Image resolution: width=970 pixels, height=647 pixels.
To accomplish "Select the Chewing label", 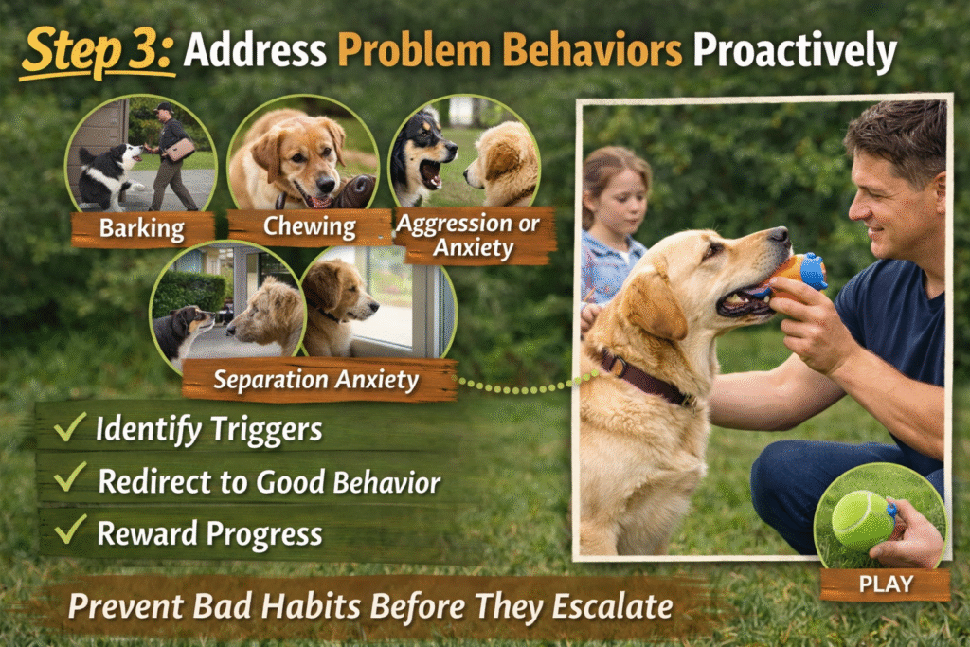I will coord(309,227).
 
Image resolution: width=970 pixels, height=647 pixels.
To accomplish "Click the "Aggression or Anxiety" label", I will coord(468,236).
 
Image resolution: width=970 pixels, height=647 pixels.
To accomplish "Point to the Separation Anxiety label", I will coord(315,380).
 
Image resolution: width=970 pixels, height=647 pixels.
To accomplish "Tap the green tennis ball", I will coord(862,520).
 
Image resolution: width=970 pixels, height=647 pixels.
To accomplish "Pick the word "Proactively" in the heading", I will coord(794,53).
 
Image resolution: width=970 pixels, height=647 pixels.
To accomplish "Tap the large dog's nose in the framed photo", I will coord(779,234).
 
